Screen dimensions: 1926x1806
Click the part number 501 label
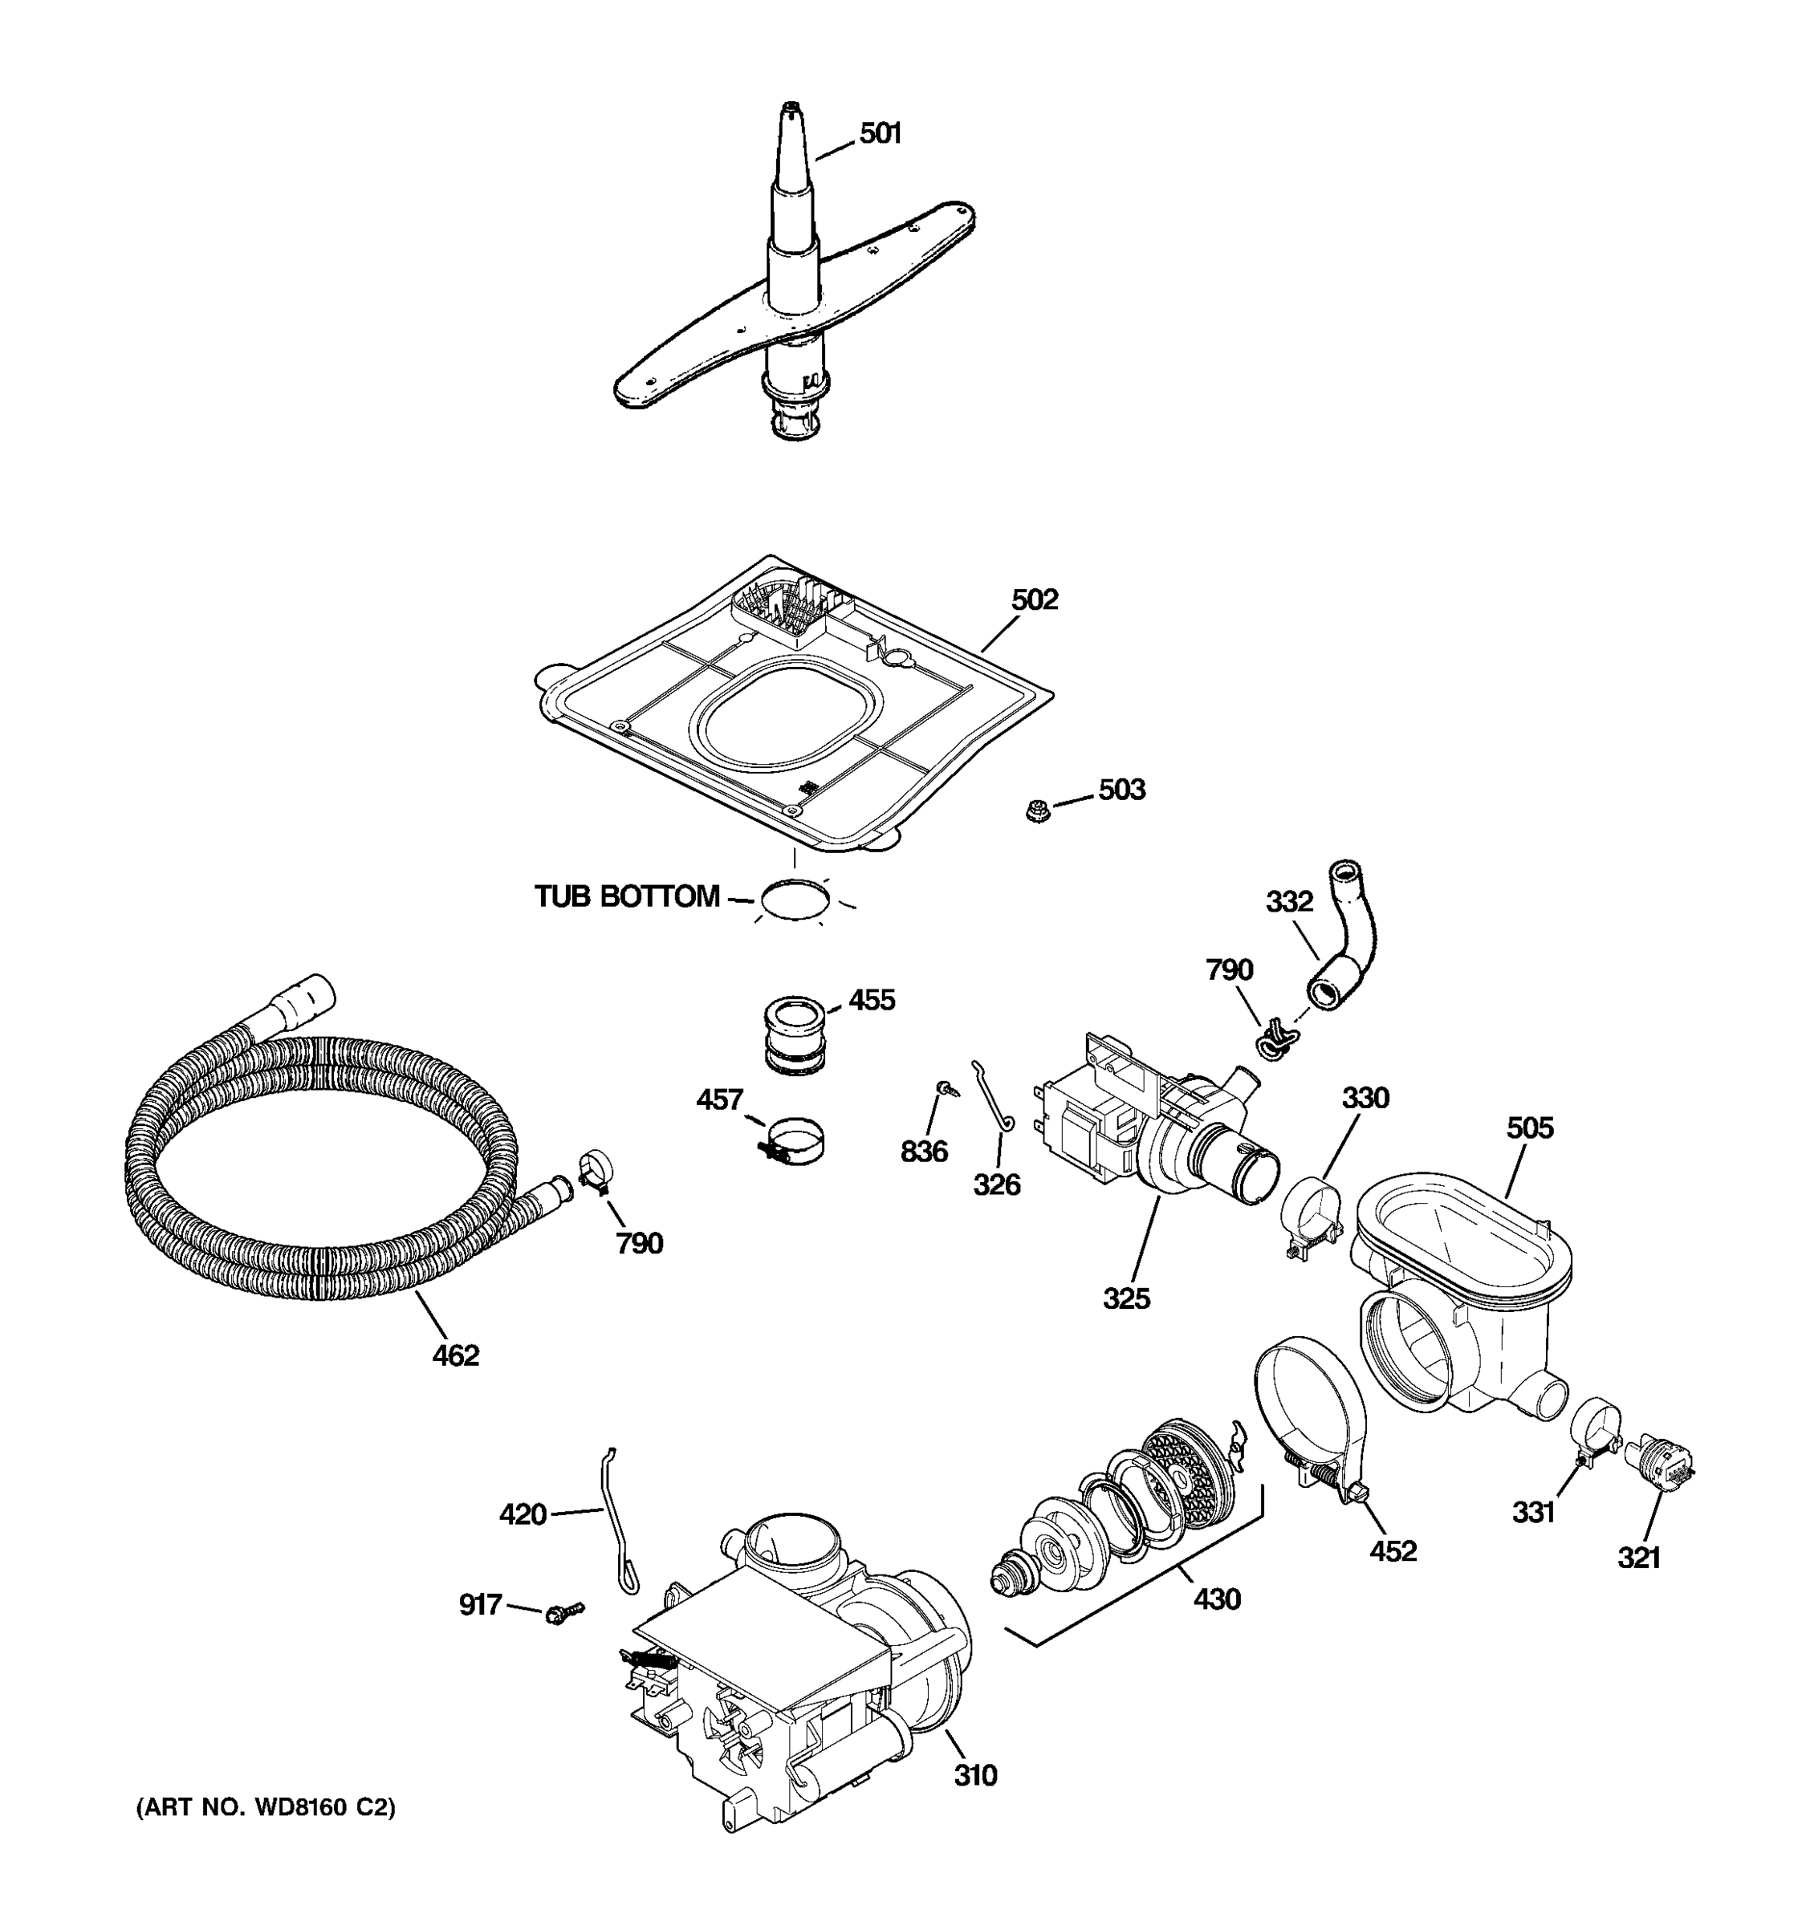pyautogui.click(x=880, y=134)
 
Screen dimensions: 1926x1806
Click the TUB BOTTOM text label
pyautogui.click(x=627, y=896)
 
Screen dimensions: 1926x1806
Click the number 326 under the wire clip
pyautogui.click(x=997, y=1184)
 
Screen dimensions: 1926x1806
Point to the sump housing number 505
pyautogui.click(x=1529, y=1128)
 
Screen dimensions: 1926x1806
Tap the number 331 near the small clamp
pyautogui.click(x=1534, y=1511)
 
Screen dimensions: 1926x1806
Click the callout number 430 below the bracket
pyautogui.click(x=1216, y=1599)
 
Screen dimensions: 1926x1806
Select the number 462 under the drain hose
pyautogui.click(x=455, y=1355)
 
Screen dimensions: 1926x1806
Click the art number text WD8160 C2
pyautogui.click(x=266, y=1807)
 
